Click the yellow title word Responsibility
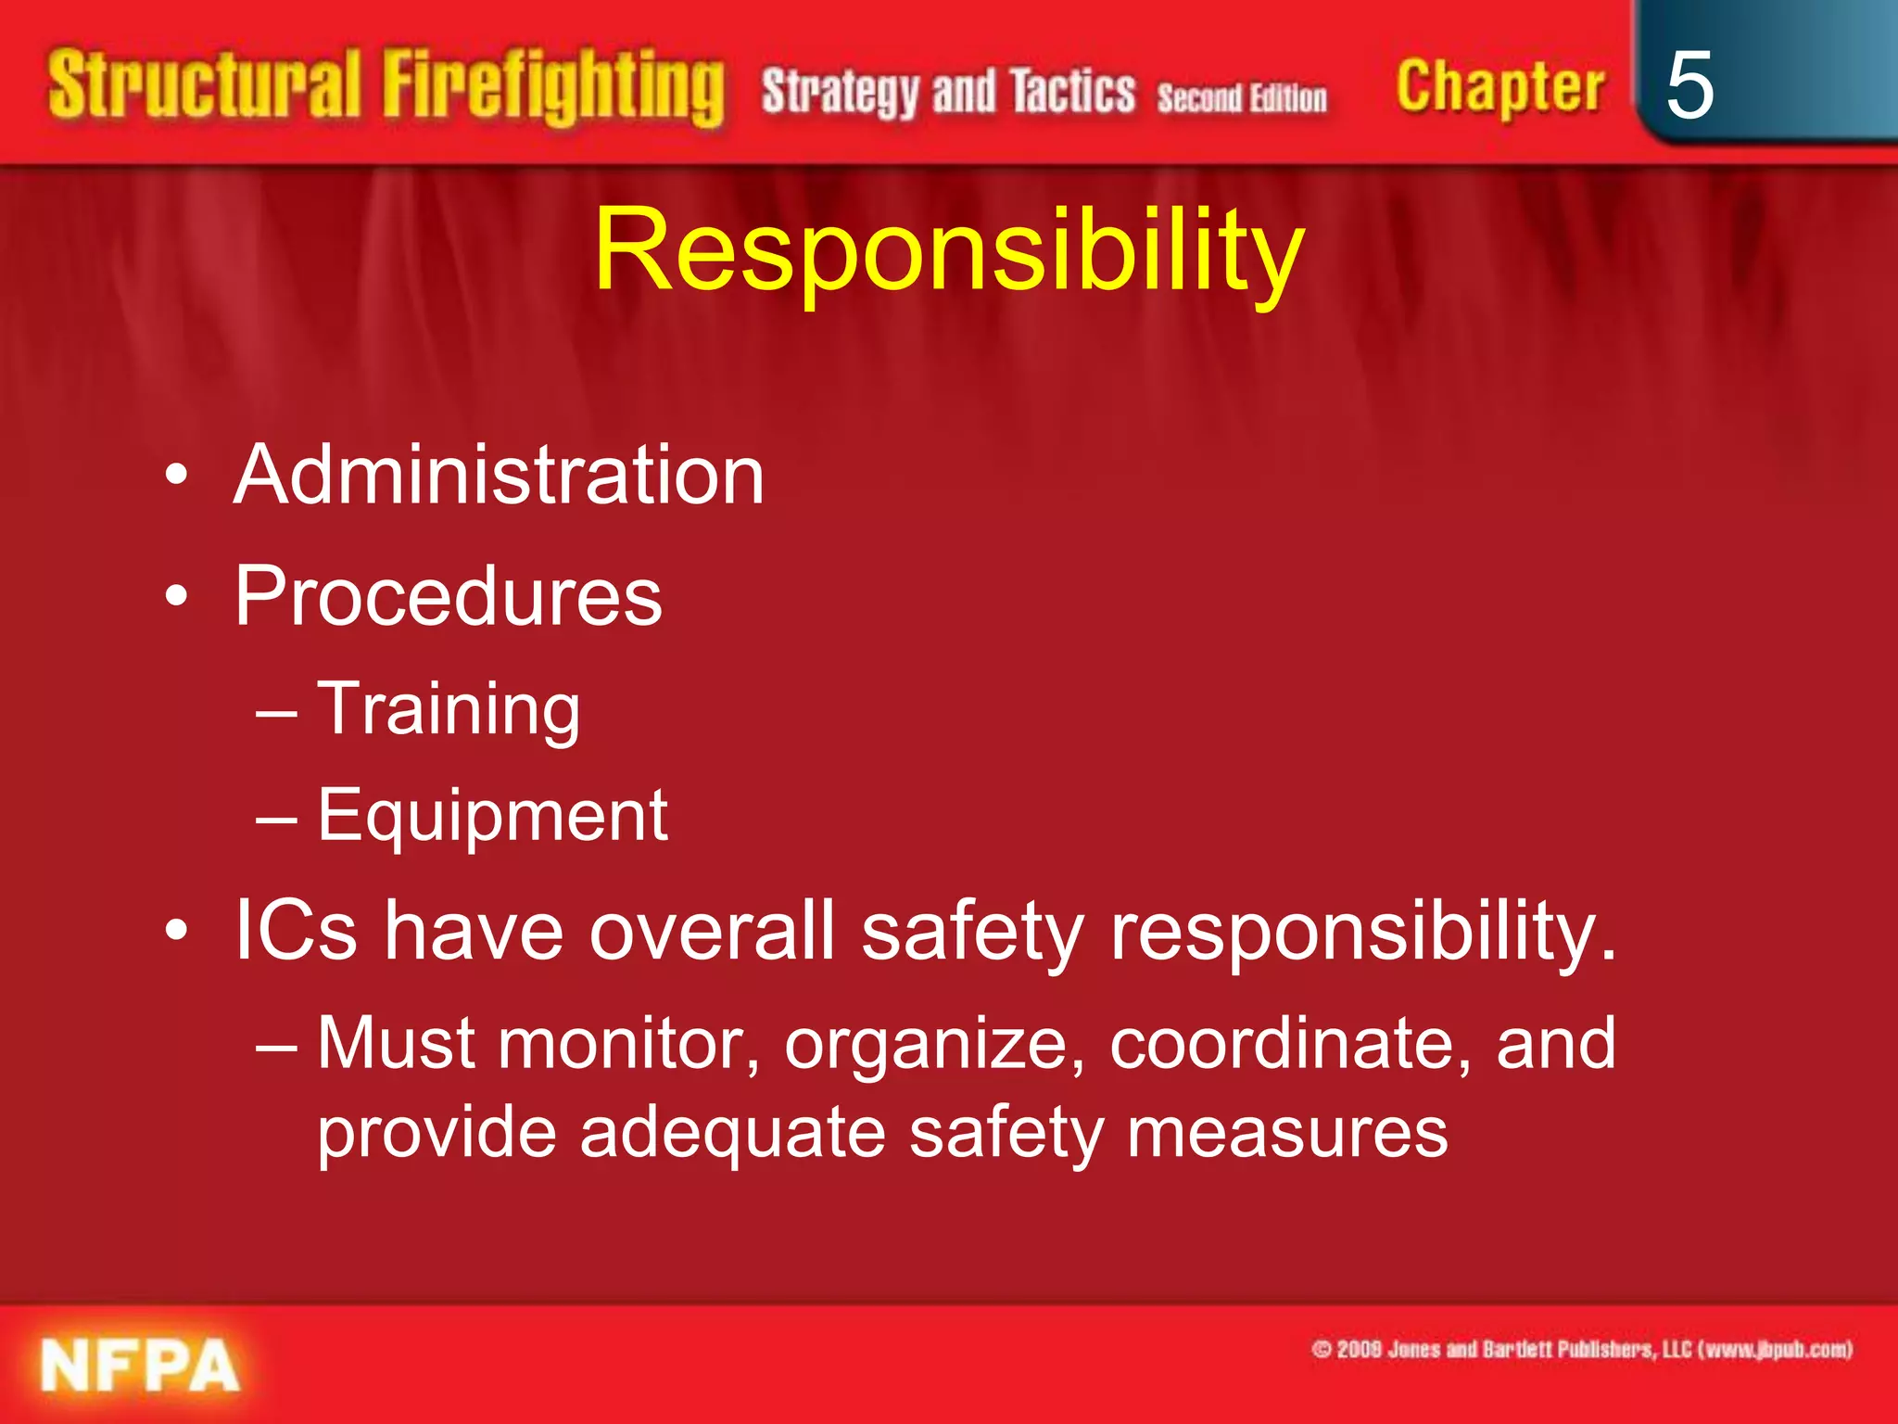949,250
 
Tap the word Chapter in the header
1499,87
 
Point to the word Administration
499,475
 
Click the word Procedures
449,596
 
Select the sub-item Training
449,709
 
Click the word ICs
295,930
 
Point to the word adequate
732,1133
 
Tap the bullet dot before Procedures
176,597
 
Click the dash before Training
276,712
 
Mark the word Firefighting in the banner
553,87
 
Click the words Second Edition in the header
1242,97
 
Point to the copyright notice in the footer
1581,1349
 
